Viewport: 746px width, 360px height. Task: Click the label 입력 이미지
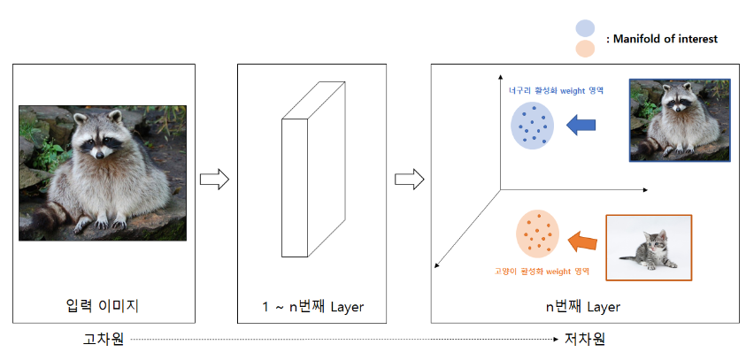coord(103,307)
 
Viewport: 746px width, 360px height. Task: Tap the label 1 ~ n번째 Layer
coord(312,307)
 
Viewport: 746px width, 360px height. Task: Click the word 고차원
coord(102,339)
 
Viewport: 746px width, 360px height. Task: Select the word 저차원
coord(586,339)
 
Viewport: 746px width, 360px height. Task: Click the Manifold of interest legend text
coord(661,39)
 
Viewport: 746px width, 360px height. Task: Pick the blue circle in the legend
coord(584,29)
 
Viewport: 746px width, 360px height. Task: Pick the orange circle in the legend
coord(584,49)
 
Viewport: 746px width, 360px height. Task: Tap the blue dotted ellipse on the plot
coord(532,125)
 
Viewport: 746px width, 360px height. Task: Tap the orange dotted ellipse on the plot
coord(537,234)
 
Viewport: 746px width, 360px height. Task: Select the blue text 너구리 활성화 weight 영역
coord(556,90)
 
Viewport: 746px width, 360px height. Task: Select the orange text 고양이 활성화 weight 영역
coord(542,272)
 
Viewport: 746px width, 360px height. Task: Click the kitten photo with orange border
coord(649,247)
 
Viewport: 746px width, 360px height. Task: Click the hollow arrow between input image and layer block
coord(214,180)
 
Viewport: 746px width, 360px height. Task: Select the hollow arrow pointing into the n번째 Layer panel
coord(409,180)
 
